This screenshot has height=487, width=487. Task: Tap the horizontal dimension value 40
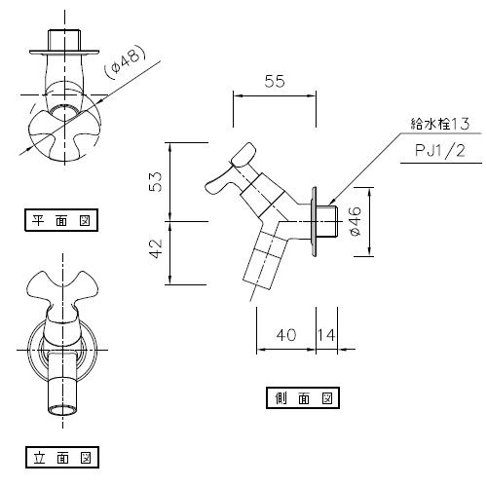(x=285, y=334)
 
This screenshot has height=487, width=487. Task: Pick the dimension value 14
(x=325, y=334)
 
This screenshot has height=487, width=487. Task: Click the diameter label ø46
(x=356, y=222)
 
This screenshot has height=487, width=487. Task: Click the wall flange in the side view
(x=312, y=223)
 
